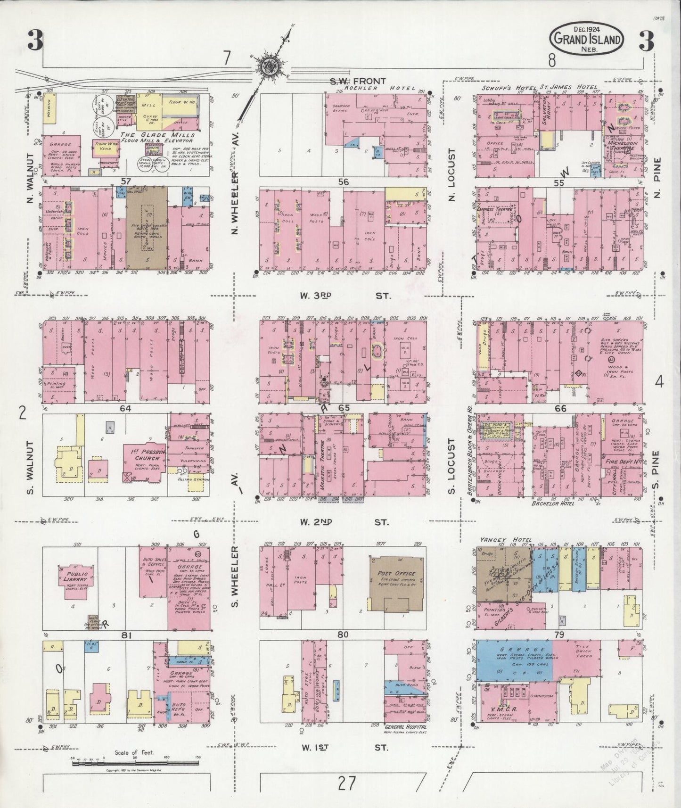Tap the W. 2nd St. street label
click(x=342, y=522)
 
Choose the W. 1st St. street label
click(x=342, y=747)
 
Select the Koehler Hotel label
click(x=375, y=88)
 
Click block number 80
click(x=343, y=635)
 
